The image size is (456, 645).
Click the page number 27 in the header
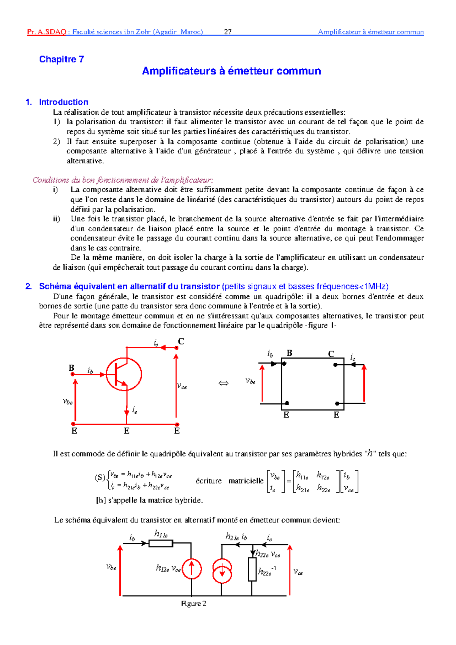click(x=228, y=32)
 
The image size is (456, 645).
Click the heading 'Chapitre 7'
click(x=61, y=59)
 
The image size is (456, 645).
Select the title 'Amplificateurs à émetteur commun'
click(x=231, y=71)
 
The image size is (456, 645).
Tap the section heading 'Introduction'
click(x=63, y=102)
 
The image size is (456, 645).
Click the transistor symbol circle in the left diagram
click(x=123, y=374)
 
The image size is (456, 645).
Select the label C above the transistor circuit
click(x=181, y=341)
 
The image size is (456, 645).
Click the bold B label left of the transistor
click(x=71, y=368)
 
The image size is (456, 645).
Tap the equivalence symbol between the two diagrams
click(x=223, y=383)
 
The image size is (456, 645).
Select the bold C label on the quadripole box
click(x=331, y=354)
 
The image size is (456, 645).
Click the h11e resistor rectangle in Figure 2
click(x=161, y=544)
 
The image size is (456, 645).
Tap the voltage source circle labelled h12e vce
click(x=192, y=569)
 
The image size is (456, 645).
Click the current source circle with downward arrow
click(x=222, y=571)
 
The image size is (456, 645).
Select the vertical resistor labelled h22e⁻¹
click(x=252, y=569)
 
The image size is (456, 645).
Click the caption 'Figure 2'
click(x=194, y=604)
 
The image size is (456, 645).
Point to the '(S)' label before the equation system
click(x=100, y=477)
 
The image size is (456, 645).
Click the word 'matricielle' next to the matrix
click(x=246, y=481)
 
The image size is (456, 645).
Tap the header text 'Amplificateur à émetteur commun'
click(x=370, y=32)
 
